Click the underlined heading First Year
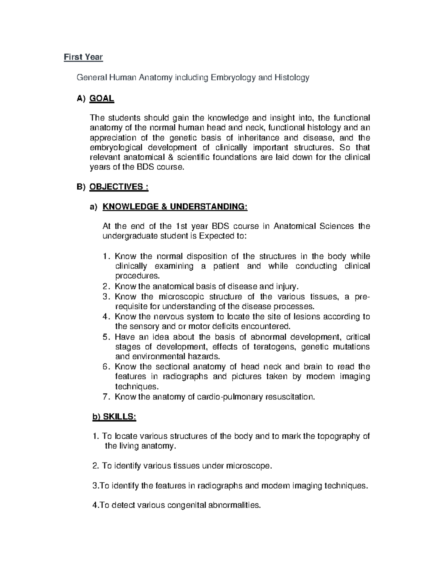click(83, 57)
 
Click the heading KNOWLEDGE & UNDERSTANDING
click(175, 207)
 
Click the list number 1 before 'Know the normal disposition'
click(106, 257)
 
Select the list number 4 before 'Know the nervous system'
click(106, 317)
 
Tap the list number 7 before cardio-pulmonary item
click(106, 397)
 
